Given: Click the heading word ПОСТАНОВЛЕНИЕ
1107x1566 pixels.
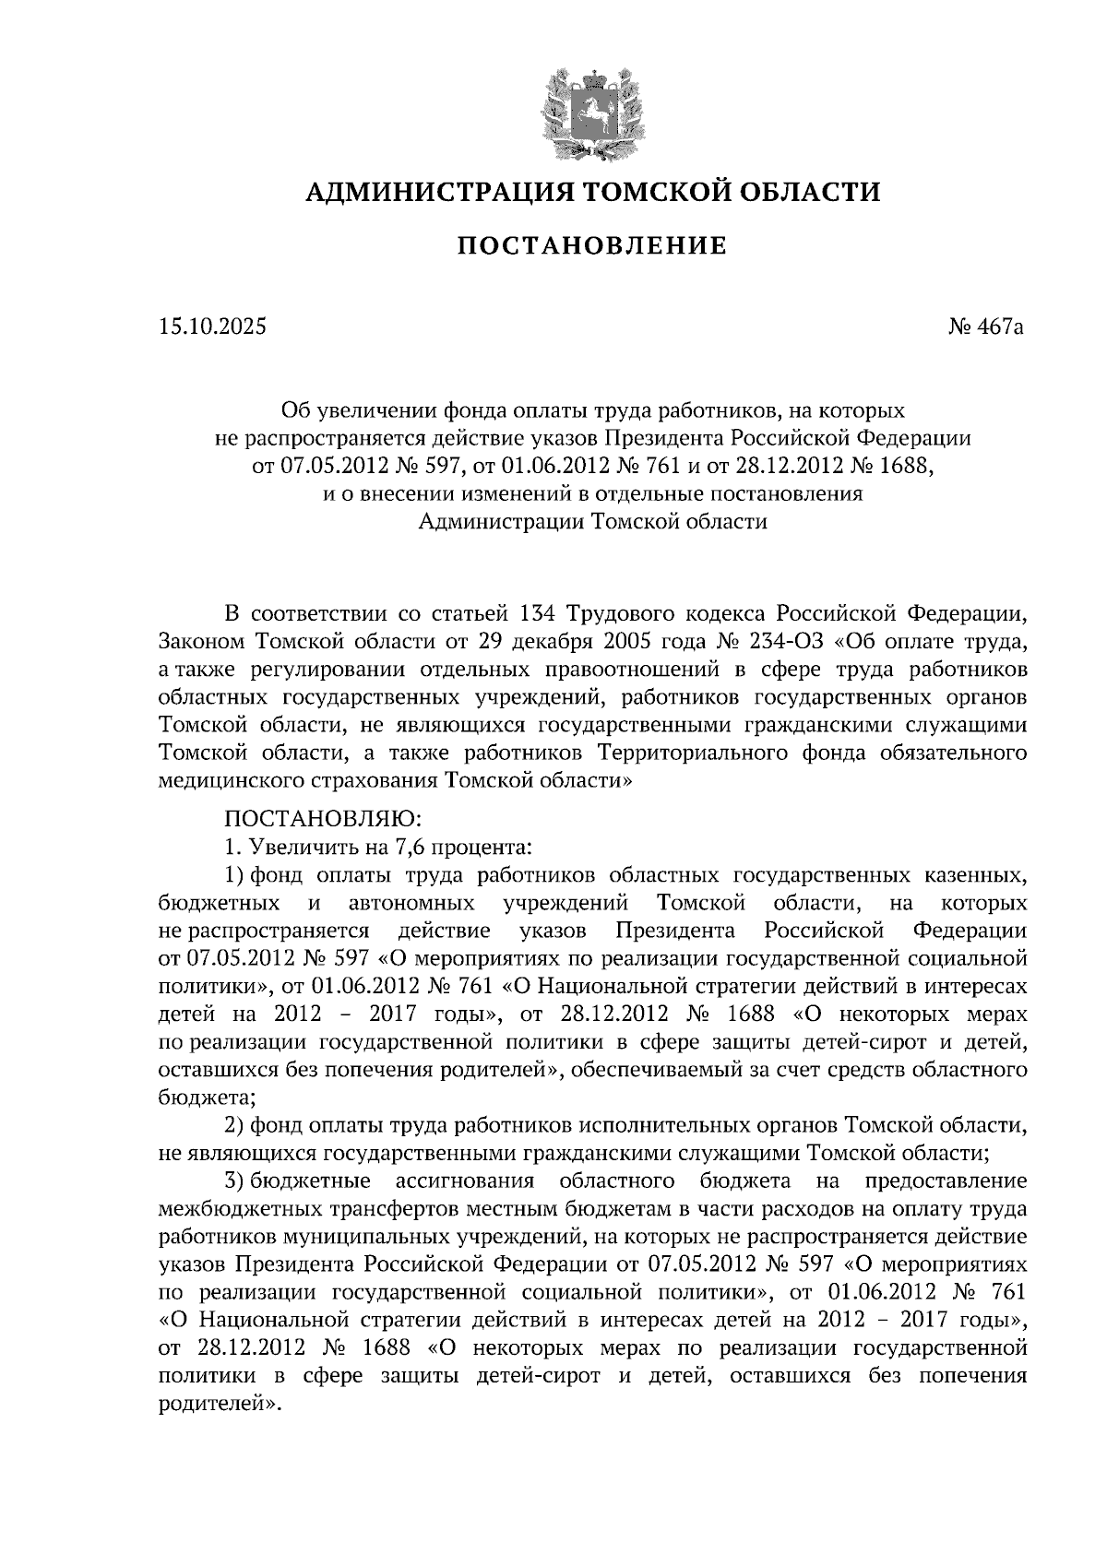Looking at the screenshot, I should pos(592,246).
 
